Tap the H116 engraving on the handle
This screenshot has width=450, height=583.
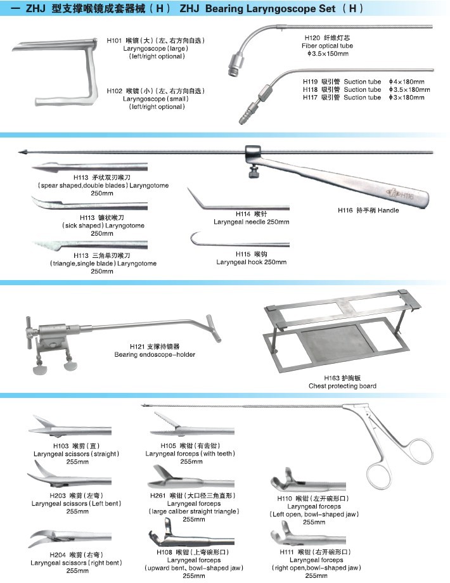coord(403,196)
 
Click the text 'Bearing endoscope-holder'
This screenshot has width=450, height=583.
coord(155,355)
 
